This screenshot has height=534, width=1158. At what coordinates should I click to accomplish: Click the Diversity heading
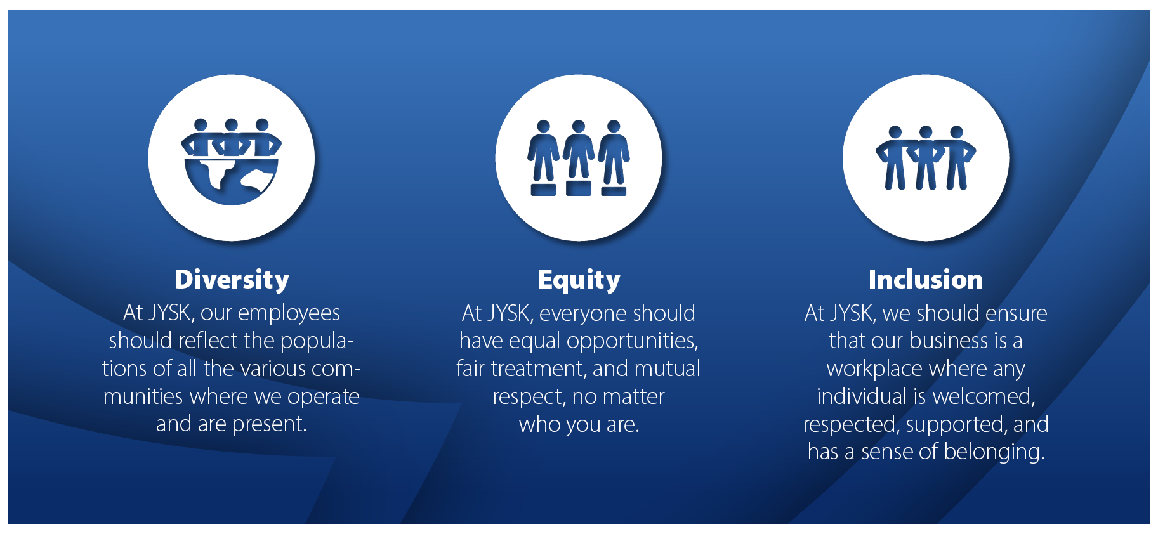tap(232, 280)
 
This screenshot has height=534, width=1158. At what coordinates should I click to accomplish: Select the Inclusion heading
tap(926, 280)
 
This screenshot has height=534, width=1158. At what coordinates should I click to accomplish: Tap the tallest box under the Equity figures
tap(579, 188)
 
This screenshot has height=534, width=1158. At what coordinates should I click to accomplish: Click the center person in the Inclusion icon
tap(926, 158)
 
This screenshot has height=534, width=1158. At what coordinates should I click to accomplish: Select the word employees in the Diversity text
tap(298, 313)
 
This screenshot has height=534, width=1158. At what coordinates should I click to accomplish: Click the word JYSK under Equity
tap(509, 313)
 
